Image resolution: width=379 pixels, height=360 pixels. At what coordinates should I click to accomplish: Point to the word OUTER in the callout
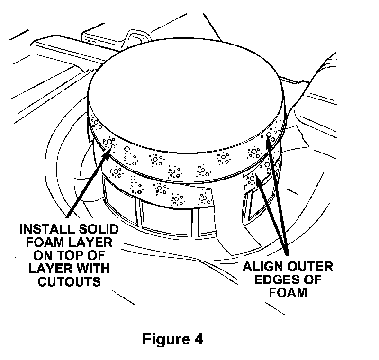pos(311,266)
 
